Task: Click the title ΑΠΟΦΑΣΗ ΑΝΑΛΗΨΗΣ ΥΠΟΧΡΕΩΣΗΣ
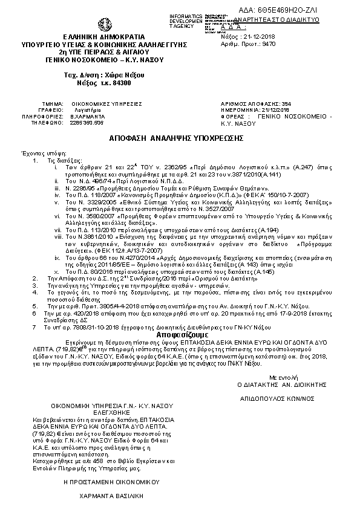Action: (177, 138)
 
